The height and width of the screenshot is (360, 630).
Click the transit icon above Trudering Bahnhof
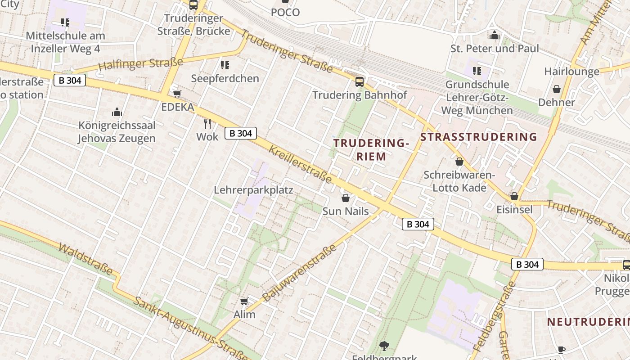359,81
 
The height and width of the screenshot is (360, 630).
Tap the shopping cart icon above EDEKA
177,94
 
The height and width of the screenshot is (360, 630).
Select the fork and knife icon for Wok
207,123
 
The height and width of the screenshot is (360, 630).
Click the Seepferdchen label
225,78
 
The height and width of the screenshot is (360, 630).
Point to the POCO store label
285,12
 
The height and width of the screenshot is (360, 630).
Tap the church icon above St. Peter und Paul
495,35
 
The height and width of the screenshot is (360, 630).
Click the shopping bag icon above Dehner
557,89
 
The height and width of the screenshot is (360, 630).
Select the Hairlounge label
571,71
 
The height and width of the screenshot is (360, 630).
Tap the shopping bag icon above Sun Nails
346,198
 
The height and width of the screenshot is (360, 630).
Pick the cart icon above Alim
244,301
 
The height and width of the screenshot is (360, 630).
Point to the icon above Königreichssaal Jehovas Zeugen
117,112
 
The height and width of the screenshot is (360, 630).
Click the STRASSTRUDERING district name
479,137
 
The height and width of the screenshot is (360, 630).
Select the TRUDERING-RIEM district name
371,150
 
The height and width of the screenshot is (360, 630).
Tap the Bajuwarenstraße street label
299,273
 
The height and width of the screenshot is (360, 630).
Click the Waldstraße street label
85,260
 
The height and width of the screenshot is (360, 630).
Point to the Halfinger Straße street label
140,64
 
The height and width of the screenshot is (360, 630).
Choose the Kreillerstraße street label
300,164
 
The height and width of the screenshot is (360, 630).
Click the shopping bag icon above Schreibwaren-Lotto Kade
459,162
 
